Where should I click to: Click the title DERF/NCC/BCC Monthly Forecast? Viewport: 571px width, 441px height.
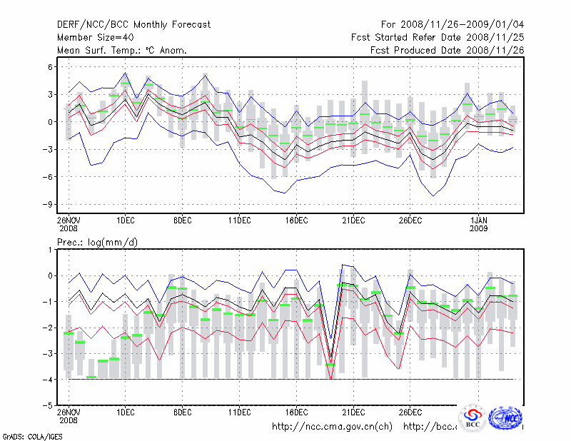click(x=133, y=25)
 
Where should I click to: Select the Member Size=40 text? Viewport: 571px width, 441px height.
click(x=94, y=38)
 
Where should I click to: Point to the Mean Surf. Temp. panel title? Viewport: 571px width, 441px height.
click(x=122, y=51)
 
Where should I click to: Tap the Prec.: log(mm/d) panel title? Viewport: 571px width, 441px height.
click(x=98, y=243)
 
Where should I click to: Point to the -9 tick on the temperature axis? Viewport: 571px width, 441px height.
click(x=49, y=205)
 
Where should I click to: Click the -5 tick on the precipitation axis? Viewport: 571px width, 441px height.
click(x=49, y=405)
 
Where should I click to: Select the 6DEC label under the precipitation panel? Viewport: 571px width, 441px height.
click(x=182, y=412)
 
